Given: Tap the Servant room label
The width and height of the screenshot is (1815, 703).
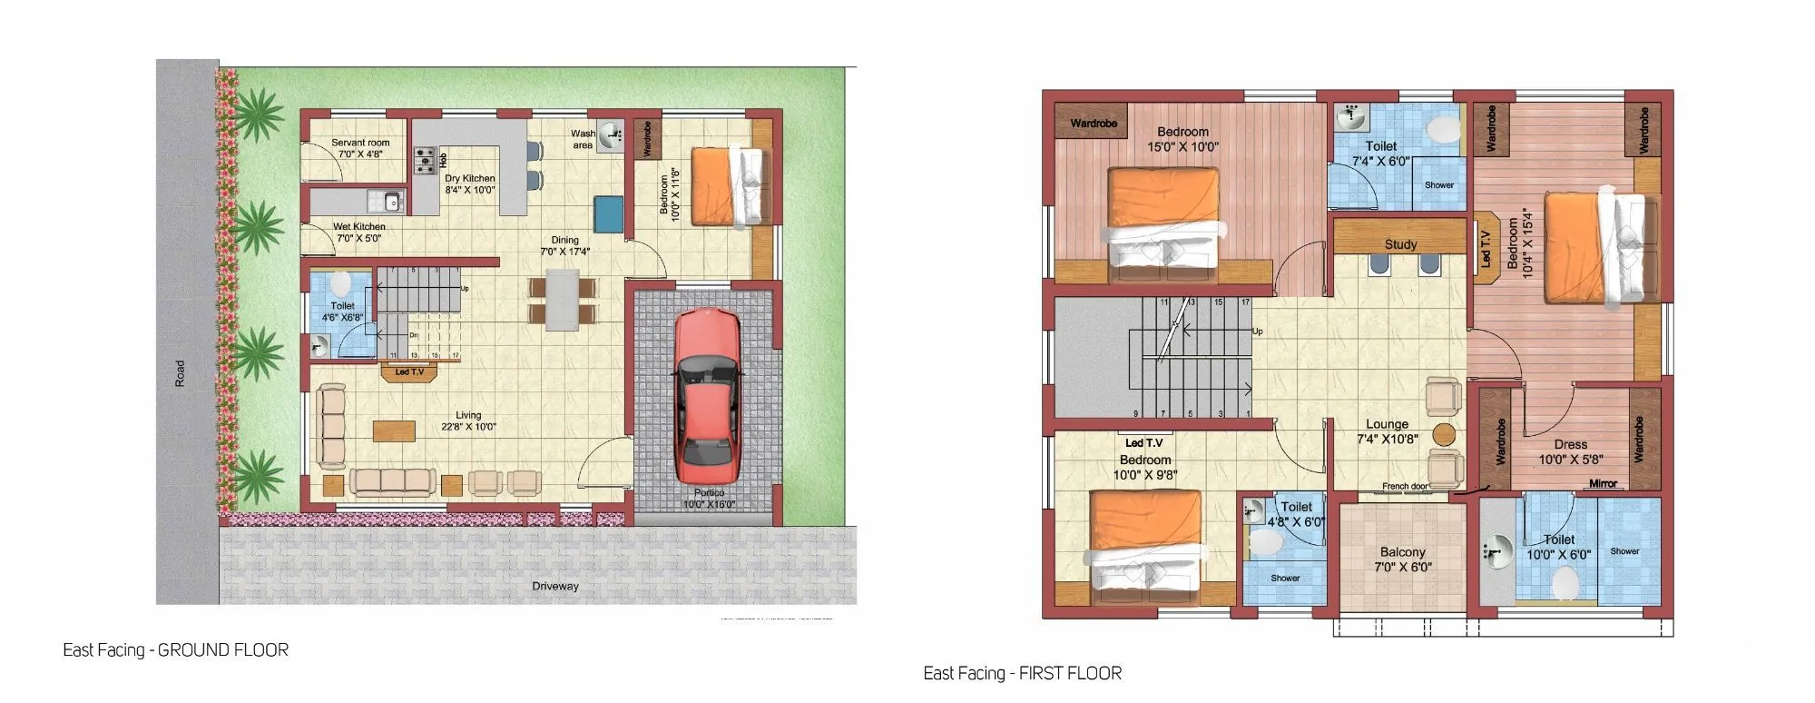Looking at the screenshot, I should coord(360,143).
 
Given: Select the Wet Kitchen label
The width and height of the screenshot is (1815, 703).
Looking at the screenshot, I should coord(358,227).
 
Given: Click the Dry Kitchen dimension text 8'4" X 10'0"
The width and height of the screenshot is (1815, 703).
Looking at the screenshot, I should coord(470,191).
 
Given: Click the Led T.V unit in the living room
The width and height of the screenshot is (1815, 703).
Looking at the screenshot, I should coord(409,372).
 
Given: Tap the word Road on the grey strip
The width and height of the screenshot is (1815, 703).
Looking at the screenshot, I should coord(180,373).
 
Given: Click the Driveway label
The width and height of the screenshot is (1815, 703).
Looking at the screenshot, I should coord(555,587).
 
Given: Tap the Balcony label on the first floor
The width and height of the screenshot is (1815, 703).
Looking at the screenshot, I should coord(1402,552).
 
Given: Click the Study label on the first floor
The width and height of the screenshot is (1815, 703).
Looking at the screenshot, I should coord(1400,244).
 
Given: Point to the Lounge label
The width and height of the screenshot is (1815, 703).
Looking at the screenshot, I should coord(1387,424).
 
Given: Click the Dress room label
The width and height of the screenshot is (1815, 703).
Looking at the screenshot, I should coord(1570,445).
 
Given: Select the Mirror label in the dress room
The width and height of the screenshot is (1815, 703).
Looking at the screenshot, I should coord(1603,484).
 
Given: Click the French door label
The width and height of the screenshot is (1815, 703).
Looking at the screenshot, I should coord(1405,487).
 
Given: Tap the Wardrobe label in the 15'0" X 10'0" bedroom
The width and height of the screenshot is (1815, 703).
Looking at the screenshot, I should coord(1094,124).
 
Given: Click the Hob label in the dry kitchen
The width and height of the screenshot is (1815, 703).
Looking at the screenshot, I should coord(444,161).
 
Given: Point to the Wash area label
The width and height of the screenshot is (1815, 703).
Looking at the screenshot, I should coord(583,139).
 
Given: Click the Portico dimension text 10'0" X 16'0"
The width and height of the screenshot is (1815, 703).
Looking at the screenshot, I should coord(709,505).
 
